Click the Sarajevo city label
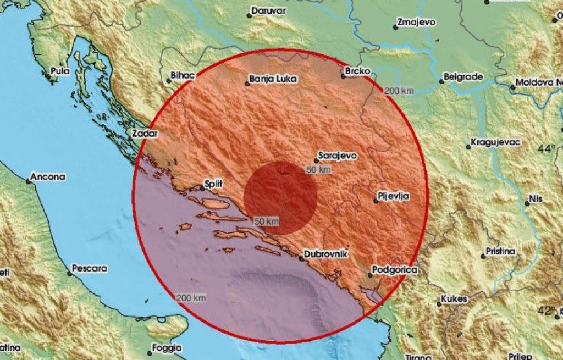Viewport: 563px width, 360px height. [x=338, y=156]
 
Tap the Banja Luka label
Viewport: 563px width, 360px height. [x=273, y=79]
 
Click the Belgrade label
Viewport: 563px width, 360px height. [x=463, y=77]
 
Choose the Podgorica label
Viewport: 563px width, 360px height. [x=394, y=270]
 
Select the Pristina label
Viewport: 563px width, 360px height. [x=500, y=252]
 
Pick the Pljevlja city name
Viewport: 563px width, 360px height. [x=394, y=195]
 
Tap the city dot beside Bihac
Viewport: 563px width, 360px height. [x=168, y=81]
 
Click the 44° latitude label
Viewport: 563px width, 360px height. [x=547, y=148]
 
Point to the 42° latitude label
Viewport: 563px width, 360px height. [x=547, y=311]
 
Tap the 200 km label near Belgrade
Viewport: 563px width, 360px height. [x=399, y=90]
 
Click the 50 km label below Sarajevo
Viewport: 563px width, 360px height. [x=319, y=170]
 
